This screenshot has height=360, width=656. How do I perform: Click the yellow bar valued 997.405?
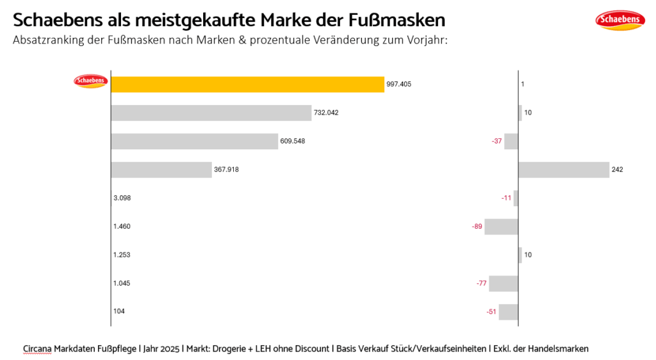coord(247,84)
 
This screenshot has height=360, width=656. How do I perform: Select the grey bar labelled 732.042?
coord(211,113)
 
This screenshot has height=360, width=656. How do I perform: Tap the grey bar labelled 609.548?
coord(194,141)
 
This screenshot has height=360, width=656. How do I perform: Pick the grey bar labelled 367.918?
coord(161,170)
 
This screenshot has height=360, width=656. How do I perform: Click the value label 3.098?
coord(122,198)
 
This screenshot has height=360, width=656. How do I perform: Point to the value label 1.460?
coord(122,226)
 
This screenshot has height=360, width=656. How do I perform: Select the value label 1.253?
coord(122,255)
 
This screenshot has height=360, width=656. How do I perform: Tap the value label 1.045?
coord(122,283)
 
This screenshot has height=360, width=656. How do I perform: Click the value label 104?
coord(119,311)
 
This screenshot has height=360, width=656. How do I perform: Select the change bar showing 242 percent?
coord(563,170)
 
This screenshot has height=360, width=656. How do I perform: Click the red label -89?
coord(477,226)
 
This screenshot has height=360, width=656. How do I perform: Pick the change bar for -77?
coord(504,283)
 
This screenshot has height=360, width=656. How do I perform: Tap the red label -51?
coord(491,312)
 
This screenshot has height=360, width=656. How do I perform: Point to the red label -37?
coord(496,141)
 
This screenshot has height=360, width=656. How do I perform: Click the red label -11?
coord(506,198)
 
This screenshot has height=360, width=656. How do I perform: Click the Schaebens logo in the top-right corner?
coord(619,20)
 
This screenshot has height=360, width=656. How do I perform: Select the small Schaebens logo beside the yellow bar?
coord(90,81)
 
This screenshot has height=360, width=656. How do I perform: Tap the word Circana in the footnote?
coord(37,348)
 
